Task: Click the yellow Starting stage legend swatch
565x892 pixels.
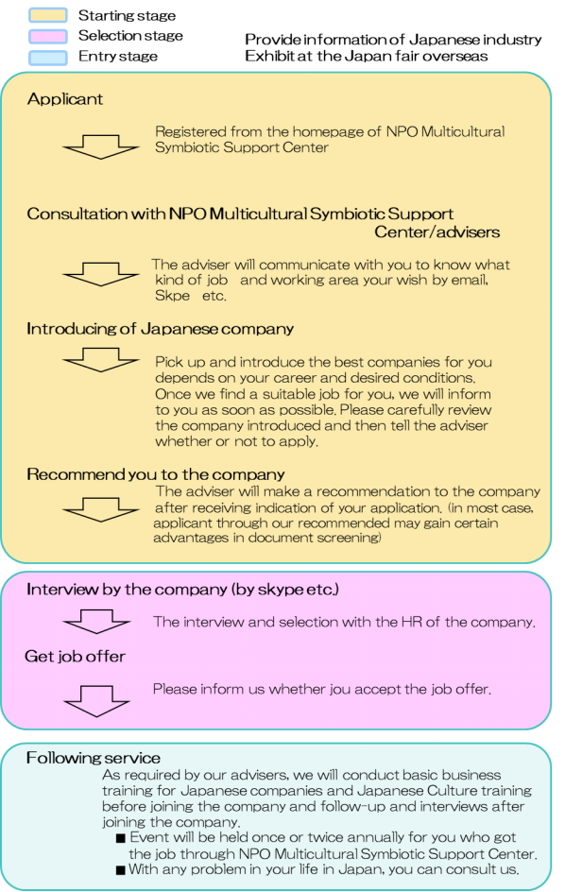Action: (48, 15)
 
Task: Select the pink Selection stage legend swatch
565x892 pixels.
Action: (48, 36)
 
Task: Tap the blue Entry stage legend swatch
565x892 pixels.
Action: (48, 57)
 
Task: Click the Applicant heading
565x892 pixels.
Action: (65, 99)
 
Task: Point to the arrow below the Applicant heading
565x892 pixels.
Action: (101, 146)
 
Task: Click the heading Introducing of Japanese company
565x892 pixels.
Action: (160, 329)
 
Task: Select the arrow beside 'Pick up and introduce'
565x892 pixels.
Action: (101, 359)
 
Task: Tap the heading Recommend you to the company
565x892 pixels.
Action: (155, 474)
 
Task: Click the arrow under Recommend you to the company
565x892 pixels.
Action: (101, 509)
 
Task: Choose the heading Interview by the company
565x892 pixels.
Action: (182, 590)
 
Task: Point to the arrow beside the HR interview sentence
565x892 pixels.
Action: (96, 621)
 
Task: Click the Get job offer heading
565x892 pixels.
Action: (75, 657)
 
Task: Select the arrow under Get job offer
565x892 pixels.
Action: (96, 701)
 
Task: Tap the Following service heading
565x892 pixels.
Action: (94, 758)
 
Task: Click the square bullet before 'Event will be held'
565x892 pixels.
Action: (121, 838)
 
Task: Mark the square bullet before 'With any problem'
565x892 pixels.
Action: (121, 870)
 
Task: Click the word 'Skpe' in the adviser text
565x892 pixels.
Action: (172, 296)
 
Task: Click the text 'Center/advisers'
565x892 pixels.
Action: (437, 232)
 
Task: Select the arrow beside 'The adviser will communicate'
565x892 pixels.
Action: (101, 274)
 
